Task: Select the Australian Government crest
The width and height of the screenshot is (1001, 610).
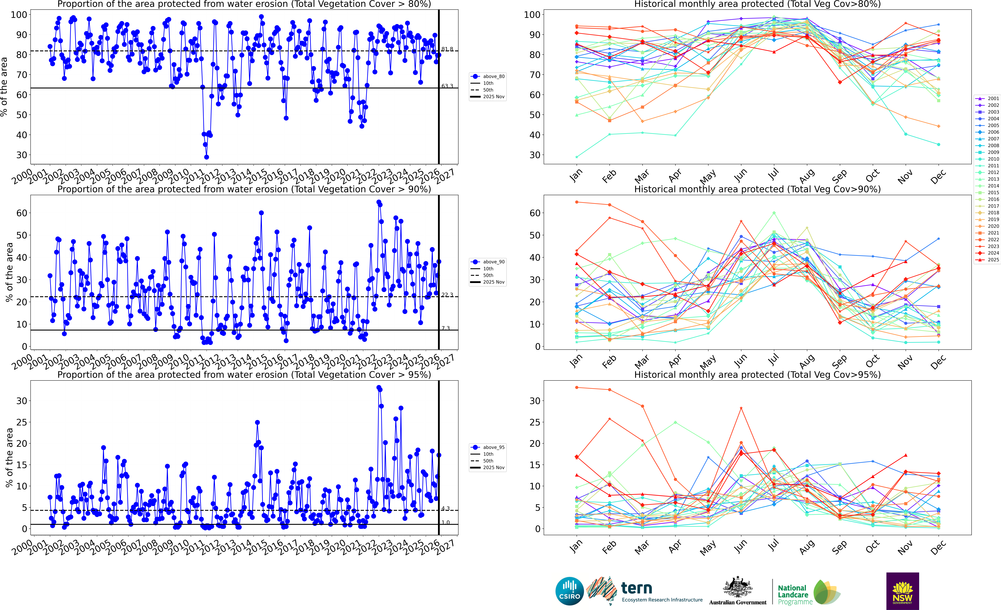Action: [x=737, y=588]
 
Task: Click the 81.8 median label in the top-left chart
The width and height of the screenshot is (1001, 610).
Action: [x=447, y=49]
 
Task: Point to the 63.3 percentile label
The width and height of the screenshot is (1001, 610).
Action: [x=447, y=86]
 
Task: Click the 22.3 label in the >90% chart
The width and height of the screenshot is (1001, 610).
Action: [x=447, y=295]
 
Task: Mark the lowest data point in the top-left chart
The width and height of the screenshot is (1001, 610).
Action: [x=206, y=157]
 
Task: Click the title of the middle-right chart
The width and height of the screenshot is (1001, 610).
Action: [x=757, y=189]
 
